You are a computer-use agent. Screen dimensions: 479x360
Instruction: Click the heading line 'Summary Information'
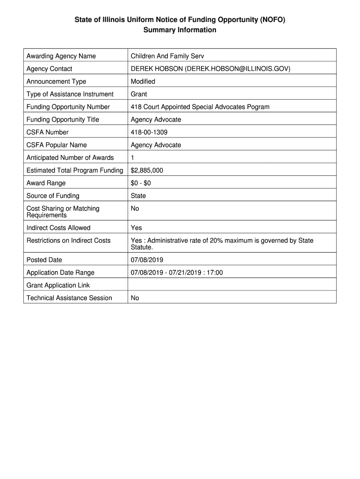click(x=180, y=30)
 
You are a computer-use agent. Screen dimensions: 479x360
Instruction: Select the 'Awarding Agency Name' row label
click(x=61, y=56)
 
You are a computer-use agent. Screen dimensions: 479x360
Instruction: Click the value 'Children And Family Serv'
click(x=167, y=56)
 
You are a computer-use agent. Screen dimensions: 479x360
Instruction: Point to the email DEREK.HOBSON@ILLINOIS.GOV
click(x=238, y=69)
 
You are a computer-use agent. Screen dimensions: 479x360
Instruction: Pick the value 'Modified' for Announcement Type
click(x=143, y=81)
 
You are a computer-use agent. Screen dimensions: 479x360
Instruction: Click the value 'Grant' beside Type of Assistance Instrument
click(x=139, y=94)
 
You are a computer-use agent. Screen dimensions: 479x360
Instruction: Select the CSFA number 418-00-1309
click(x=149, y=132)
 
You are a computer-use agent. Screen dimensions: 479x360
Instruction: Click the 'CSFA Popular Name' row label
click(x=57, y=145)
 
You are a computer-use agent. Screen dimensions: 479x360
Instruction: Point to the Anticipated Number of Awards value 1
click(x=133, y=158)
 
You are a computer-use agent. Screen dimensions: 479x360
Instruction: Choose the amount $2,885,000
click(x=147, y=170)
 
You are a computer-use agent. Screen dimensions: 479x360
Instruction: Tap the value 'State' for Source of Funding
click(x=138, y=196)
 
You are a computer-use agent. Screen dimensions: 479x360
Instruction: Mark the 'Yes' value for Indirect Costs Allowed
click(x=137, y=228)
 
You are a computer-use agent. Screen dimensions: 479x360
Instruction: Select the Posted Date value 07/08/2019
click(x=147, y=260)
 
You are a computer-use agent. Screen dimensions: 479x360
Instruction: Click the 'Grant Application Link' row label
click(x=58, y=285)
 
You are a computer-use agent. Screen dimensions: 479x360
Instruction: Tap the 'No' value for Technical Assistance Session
click(x=135, y=298)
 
